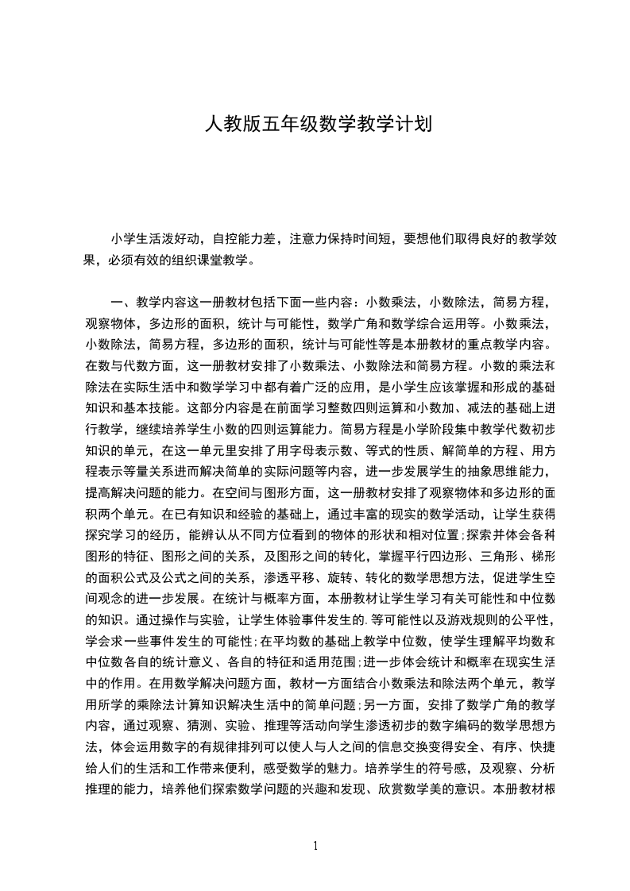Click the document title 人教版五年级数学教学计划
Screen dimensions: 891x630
point(318,124)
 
